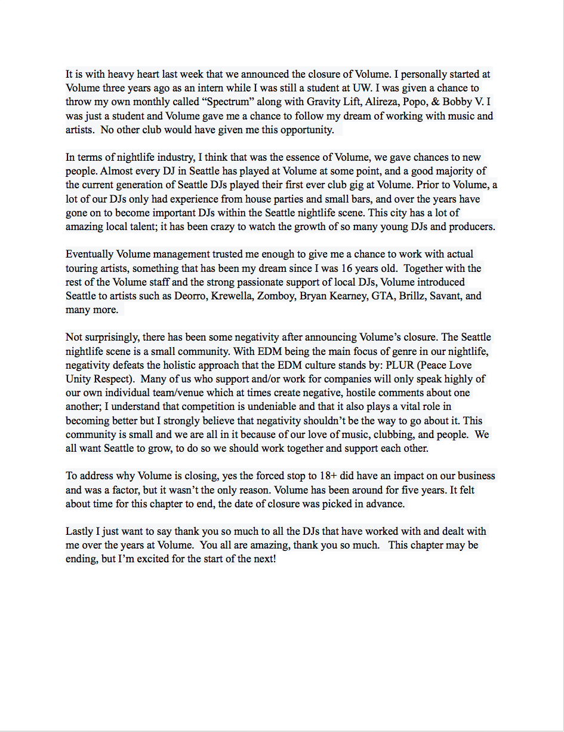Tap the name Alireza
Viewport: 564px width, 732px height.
(x=380, y=102)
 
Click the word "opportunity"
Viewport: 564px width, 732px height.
(x=304, y=130)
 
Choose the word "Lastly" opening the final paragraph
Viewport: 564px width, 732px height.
(x=80, y=531)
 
